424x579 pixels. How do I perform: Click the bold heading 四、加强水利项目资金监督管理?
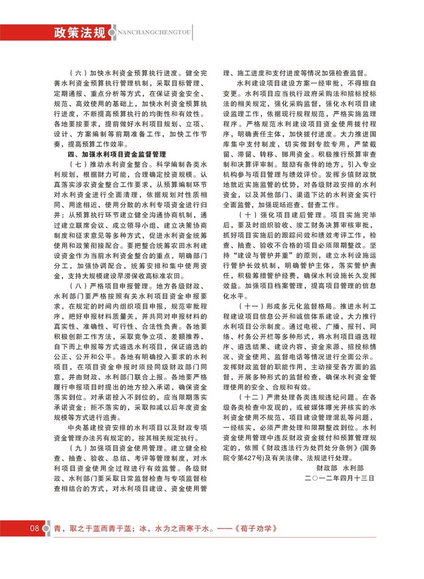click(x=117, y=155)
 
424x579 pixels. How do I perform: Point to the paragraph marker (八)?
click(x=77, y=292)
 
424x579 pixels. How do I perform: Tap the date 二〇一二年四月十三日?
click(x=340, y=478)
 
